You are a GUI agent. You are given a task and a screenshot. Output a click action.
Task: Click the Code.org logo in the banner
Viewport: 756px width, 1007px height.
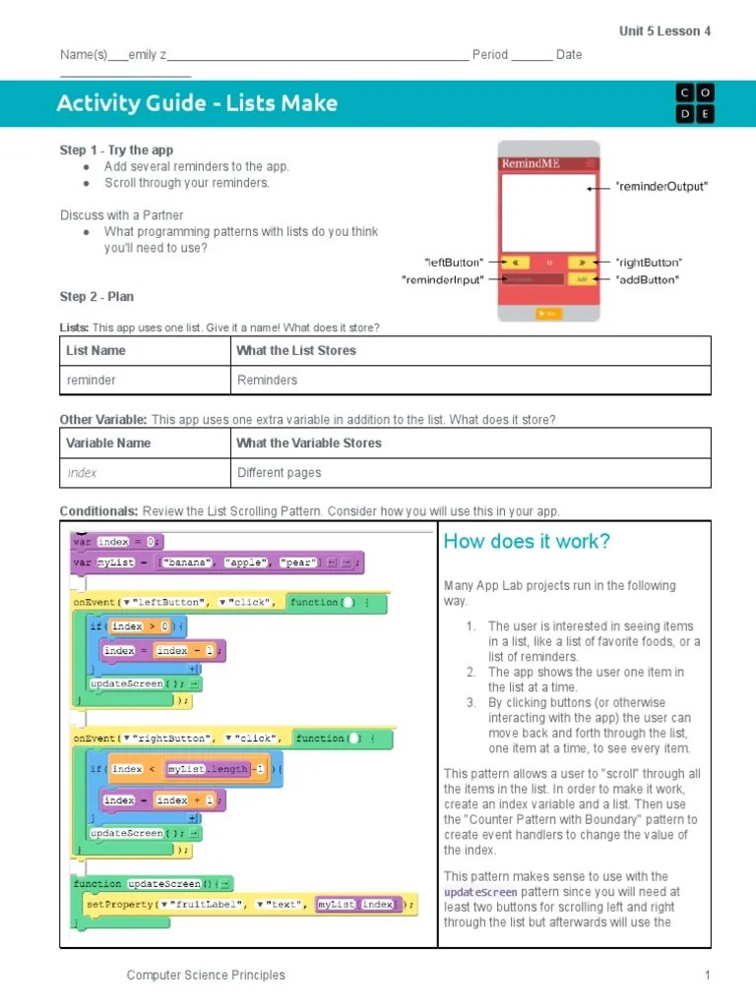click(x=695, y=103)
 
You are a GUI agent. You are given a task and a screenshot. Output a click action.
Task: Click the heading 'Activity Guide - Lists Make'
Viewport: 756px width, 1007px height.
click(x=197, y=103)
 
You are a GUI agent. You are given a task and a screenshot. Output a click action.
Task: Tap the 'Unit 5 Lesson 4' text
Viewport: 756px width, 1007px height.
click(x=664, y=31)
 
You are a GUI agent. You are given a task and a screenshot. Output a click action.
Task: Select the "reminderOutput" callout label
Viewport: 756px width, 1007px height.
click(x=647, y=186)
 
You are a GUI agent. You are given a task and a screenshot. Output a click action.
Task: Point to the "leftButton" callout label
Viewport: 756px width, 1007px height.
click(x=454, y=263)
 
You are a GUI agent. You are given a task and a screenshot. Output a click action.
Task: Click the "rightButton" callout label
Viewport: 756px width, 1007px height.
click(x=648, y=263)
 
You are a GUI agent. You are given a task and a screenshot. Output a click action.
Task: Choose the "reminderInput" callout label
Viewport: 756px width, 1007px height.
click(x=443, y=280)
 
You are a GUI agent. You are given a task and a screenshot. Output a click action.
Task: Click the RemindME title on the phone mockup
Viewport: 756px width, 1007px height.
click(x=531, y=163)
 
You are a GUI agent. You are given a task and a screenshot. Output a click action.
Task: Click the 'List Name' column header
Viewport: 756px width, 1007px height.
click(x=95, y=350)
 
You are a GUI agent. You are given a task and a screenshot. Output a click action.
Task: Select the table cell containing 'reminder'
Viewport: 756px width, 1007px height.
click(x=91, y=380)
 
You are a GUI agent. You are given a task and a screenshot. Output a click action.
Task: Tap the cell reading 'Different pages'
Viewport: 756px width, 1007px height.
click(x=280, y=472)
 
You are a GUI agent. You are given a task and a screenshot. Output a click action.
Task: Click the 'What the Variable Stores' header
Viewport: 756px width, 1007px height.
click(x=309, y=443)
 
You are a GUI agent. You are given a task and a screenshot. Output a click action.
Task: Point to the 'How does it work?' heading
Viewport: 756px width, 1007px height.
click(x=527, y=542)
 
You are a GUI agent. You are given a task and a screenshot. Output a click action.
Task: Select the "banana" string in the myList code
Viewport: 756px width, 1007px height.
click(x=189, y=563)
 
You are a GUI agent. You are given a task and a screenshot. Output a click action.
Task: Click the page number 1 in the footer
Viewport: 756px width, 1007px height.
click(x=707, y=975)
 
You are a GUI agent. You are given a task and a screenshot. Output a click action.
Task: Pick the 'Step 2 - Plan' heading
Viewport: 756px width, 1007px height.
click(x=96, y=296)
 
